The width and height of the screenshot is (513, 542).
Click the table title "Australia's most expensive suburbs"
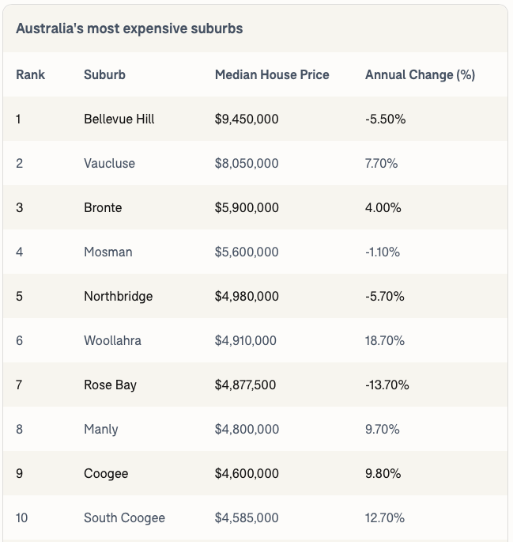[x=129, y=28]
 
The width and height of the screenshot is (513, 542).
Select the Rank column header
[x=30, y=74]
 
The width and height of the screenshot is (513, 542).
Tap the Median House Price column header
[x=272, y=74]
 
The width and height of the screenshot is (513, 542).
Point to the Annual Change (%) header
[x=420, y=74]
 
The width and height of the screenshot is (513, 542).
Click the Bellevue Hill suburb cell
[x=119, y=119]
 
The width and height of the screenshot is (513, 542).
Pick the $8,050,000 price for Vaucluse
[x=247, y=163]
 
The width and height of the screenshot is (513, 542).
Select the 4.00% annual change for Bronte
[x=383, y=207]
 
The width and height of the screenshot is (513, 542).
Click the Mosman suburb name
[x=108, y=252]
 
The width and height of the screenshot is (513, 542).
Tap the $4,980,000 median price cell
[x=247, y=296]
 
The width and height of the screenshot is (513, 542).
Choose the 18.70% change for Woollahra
[x=385, y=340]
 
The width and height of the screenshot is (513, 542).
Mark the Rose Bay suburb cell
[x=110, y=385]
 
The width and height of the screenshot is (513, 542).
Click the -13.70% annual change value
[x=387, y=385]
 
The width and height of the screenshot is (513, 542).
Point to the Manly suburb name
[x=100, y=429]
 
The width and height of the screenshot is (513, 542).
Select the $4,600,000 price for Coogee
[x=247, y=473]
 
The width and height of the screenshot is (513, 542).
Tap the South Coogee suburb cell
[x=124, y=517]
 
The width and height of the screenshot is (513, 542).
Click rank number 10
[x=21, y=517]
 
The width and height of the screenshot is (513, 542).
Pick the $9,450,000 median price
[x=247, y=119]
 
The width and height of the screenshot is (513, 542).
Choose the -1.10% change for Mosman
[x=383, y=252]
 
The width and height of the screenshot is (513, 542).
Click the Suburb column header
[x=104, y=74]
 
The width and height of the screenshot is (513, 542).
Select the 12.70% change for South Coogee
[x=385, y=517]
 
